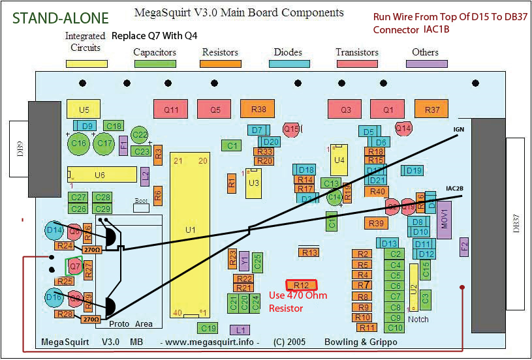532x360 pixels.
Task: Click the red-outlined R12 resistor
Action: tap(302, 285)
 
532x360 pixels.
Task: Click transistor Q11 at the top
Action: tap(170, 110)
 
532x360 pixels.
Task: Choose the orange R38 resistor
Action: tap(258, 110)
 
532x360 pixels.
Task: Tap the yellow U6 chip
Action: tap(100, 175)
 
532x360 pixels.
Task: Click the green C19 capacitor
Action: tap(208, 328)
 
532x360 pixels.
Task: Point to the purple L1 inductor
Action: tap(240, 329)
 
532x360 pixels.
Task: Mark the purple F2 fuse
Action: tap(465, 246)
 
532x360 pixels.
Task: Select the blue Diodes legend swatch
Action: tap(288, 64)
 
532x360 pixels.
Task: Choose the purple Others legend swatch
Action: tap(426, 64)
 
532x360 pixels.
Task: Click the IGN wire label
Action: tap(458, 130)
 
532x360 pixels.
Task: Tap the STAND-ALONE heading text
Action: tap(55, 18)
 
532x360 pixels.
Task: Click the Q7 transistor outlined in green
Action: tap(75, 266)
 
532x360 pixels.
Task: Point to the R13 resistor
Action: tap(309, 252)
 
